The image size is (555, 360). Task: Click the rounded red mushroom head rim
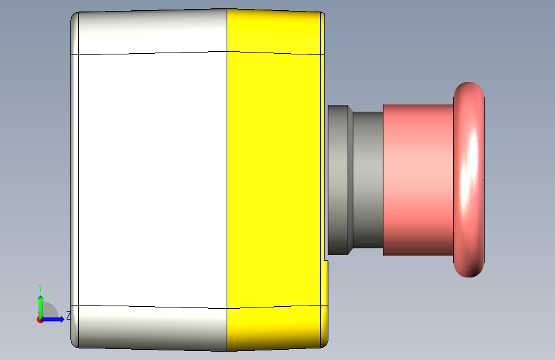469,179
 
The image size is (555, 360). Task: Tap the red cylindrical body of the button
418,179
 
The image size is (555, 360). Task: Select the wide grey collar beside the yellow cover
340,179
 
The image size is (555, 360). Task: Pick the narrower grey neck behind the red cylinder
367,179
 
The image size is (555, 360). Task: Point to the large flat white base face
152,179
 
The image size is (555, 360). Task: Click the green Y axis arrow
41,307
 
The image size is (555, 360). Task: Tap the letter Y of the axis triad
40,288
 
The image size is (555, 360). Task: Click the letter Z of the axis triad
68,315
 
